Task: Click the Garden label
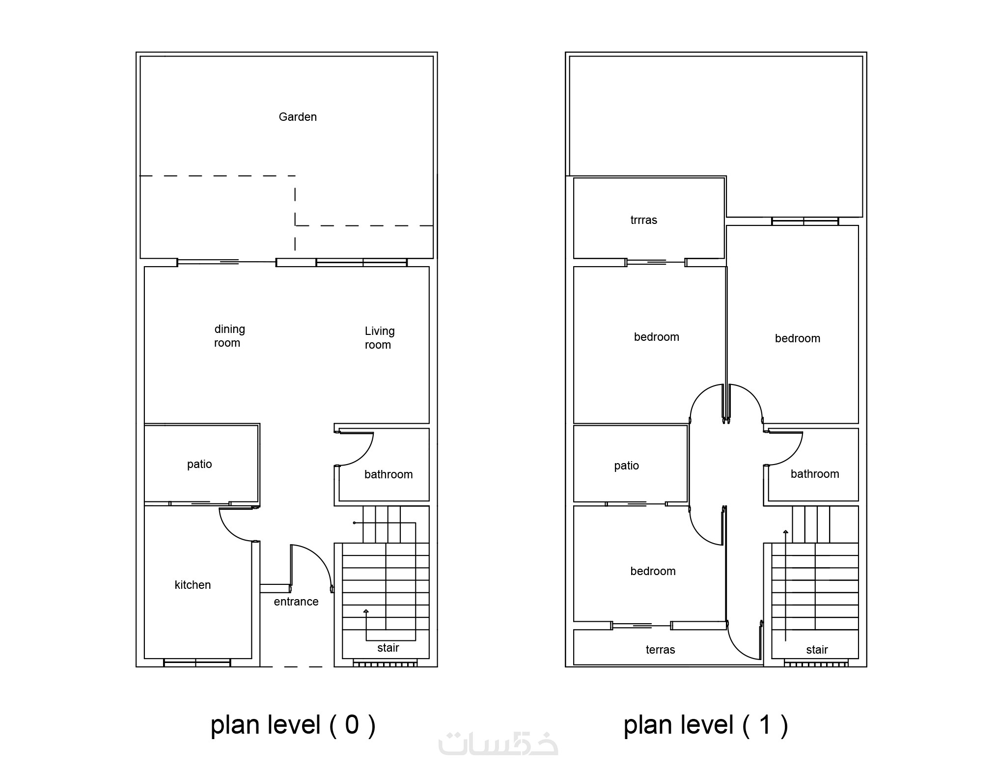[x=298, y=117]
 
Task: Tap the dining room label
[x=229, y=336]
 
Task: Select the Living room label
[x=379, y=338]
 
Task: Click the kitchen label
[x=193, y=585]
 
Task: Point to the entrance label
[x=296, y=602]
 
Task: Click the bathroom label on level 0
[x=388, y=474]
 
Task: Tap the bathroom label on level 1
[x=815, y=474]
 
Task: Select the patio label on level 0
[x=199, y=465]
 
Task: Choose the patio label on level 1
[x=626, y=466]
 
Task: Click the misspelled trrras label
[x=643, y=220]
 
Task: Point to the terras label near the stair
[x=660, y=650]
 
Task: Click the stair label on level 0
[x=388, y=648]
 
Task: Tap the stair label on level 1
[x=817, y=650]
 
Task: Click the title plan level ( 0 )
[x=293, y=725]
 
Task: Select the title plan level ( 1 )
[x=706, y=725]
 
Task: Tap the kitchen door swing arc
[x=230, y=530]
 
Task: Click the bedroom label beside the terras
[x=653, y=571]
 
